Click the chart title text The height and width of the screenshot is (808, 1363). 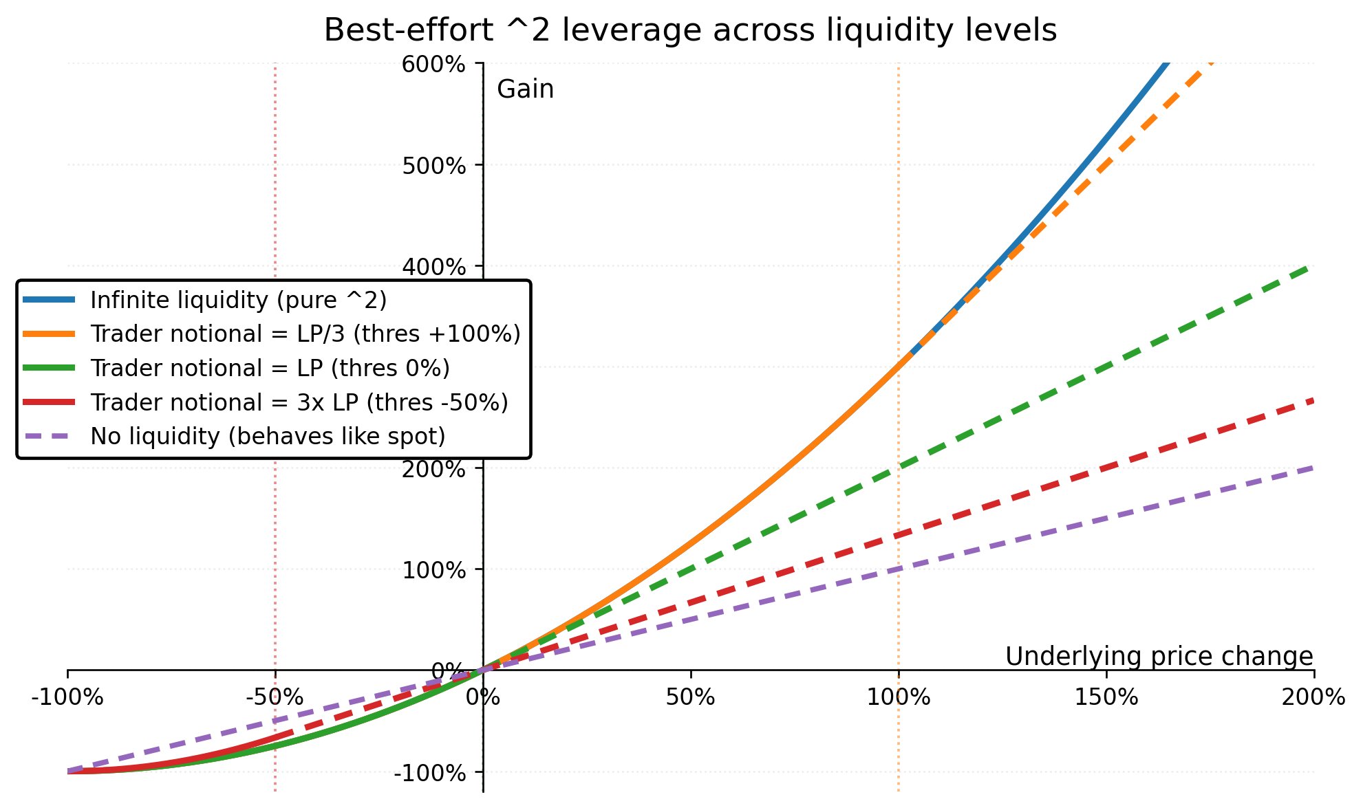tap(690, 31)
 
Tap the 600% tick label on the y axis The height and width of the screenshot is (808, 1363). tap(433, 65)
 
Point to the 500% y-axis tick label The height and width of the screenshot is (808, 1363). tap(433, 166)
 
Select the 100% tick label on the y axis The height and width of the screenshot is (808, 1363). tap(433, 570)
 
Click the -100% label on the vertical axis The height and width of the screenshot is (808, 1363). tap(429, 773)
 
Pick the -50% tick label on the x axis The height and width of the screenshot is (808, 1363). tap(275, 697)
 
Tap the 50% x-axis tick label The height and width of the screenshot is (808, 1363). tap(690, 697)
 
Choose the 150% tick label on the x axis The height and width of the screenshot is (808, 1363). tap(1106, 697)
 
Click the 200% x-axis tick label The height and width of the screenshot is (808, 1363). tap(1313, 697)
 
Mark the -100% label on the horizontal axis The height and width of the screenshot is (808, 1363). tap(67, 697)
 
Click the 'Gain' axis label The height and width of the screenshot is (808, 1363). tap(525, 89)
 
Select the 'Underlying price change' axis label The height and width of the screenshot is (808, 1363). tap(1159, 657)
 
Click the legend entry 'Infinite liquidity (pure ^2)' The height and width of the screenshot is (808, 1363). tap(238, 301)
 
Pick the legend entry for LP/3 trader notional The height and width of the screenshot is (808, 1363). tap(305, 334)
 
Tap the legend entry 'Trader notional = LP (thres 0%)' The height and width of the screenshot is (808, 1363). tap(270, 369)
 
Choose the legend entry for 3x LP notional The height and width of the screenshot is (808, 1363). tap(299, 402)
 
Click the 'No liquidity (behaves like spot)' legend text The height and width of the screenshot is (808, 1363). tap(268, 437)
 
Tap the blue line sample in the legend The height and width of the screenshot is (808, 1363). tap(48, 301)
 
